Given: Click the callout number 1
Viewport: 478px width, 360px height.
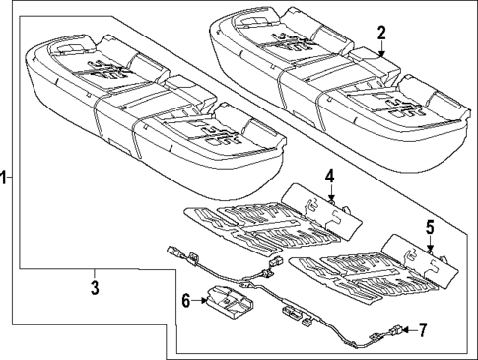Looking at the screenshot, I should coord(4,178).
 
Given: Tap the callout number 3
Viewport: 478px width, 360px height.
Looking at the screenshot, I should coord(94,287).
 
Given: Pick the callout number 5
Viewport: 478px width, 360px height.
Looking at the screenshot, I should coord(429,227).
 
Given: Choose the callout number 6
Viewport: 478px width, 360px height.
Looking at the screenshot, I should coord(185,299).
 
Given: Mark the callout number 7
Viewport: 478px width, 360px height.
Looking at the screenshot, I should coord(423,329).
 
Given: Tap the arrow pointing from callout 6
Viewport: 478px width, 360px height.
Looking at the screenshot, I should coord(200,299).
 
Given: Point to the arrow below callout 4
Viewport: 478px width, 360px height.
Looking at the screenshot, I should coord(332,193).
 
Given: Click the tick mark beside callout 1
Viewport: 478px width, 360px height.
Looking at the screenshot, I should coord(11,178).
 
